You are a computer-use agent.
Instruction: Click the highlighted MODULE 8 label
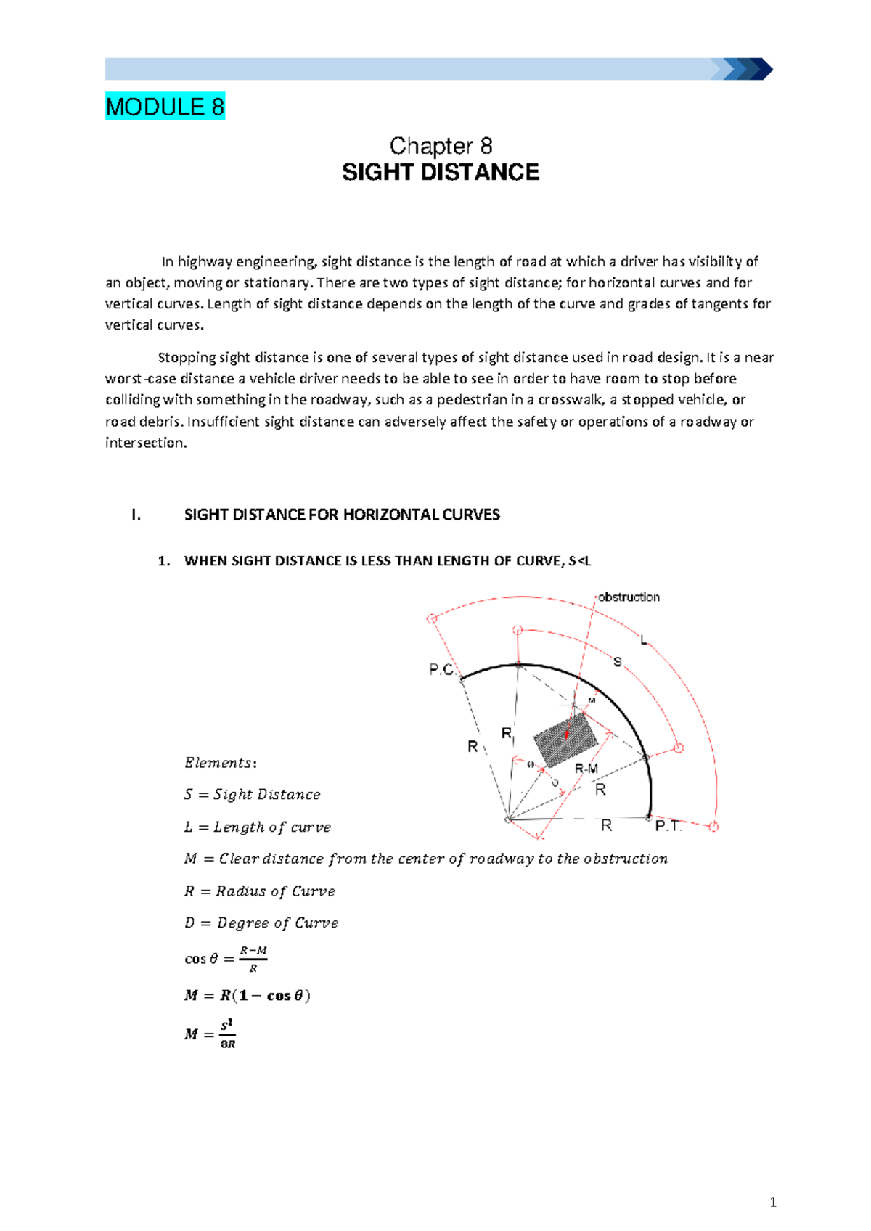(165, 107)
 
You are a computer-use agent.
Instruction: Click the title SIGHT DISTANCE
(441, 173)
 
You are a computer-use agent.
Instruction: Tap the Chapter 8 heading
(441, 146)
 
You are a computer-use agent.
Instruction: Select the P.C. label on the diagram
(441, 669)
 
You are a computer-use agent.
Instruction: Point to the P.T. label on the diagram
(668, 826)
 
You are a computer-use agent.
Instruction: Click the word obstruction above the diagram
(629, 597)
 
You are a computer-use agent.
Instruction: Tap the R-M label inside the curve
(586, 769)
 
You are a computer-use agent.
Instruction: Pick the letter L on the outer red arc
(643, 640)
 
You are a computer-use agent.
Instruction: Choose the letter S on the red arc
(618, 662)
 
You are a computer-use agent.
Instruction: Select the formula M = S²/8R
(210, 1034)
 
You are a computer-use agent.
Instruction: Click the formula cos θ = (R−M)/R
(226, 959)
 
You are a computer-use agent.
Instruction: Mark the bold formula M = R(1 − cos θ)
(248, 996)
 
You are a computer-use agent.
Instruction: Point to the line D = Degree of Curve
(261, 923)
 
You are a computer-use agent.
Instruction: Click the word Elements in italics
(218, 763)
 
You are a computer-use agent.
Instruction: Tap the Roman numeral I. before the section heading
(136, 515)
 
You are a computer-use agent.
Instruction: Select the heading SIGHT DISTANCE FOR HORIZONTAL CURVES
(342, 515)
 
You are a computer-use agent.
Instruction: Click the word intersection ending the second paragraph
(145, 443)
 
